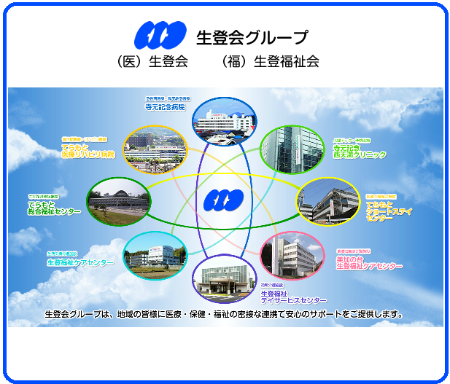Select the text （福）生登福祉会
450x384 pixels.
tap(270, 62)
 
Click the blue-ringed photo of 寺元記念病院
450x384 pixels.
tap(224, 121)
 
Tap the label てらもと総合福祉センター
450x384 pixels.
tap(54, 208)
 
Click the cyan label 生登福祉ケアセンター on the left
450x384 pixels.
tap(79, 262)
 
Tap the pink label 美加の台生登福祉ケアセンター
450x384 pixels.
tap(368, 263)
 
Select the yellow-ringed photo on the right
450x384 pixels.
tap(327, 201)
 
